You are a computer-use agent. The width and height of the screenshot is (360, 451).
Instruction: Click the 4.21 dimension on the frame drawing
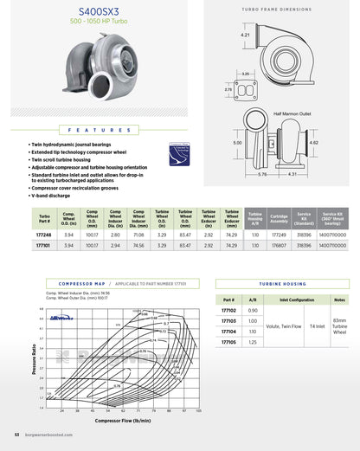click(x=246, y=35)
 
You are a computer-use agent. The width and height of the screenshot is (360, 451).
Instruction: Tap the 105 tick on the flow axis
click(x=199, y=411)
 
